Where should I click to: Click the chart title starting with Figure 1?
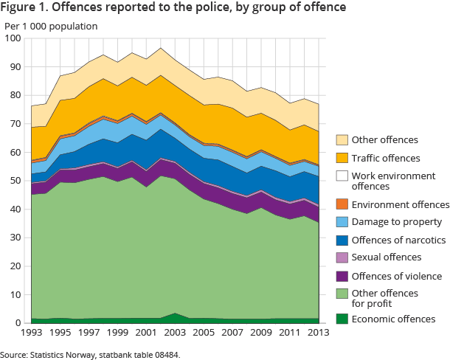[x=175, y=10]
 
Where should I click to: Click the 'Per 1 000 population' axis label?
[x=51, y=27]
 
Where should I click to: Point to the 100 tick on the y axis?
[x=15, y=38]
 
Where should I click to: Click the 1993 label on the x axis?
[x=32, y=334]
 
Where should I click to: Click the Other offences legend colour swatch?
[x=342, y=140]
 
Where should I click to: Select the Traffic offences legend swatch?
[x=342, y=158]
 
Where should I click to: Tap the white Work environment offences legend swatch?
[x=342, y=176]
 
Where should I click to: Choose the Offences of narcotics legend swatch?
[x=342, y=240]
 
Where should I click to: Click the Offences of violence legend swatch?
[x=342, y=275]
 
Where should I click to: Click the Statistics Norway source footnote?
[x=89, y=355]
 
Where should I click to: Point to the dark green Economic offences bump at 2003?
[x=173, y=316]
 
